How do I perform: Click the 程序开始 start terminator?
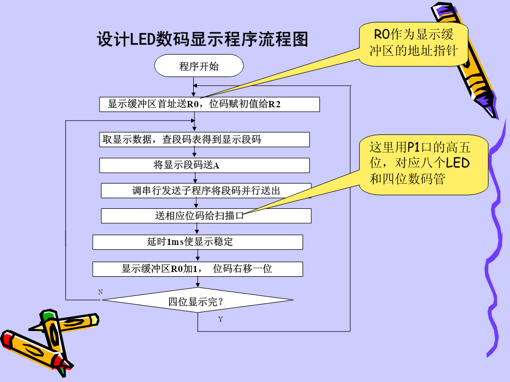pyautogui.click(x=199, y=66)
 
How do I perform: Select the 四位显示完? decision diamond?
pyautogui.click(x=198, y=300)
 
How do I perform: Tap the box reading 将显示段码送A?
pyautogui.click(x=204, y=165)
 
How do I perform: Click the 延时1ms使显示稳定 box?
pyautogui.click(x=198, y=242)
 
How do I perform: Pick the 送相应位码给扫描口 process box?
pyautogui.click(x=206, y=216)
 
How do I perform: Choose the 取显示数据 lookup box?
pyautogui.click(x=204, y=140)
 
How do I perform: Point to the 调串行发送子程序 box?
pyautogui.click(x=206, y=191)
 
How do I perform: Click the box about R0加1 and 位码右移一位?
pyautogui.click(x=198, y=269)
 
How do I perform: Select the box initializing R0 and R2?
pyautogui.click(x=209, y=104)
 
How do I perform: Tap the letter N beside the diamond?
pyautogui.click(x=101, y=292)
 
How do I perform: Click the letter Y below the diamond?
pyautogui.click(x=220, y=319)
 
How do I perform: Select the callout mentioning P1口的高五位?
pyautogui.click(x=423, y=165)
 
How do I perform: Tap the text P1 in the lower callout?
pyautogui.click(x=413, y=148)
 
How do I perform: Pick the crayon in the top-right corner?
pyautogui.click(x=465, y=60)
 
